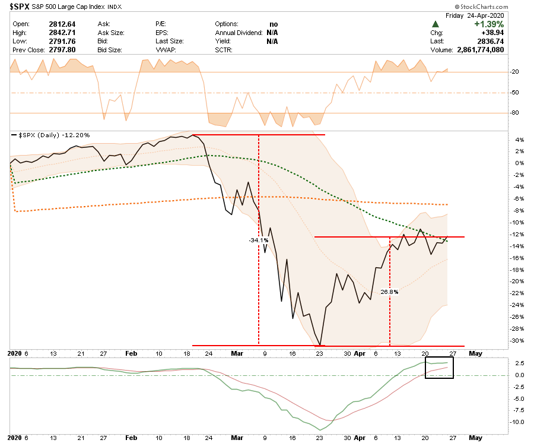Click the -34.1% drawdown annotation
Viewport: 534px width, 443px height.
pos(259,240)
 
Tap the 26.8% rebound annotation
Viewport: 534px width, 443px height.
pos(389,292)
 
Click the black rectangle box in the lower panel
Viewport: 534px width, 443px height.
pos(439,368)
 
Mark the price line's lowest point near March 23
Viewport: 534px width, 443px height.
pos(320,345)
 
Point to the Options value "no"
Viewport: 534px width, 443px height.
pos(274,24)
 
